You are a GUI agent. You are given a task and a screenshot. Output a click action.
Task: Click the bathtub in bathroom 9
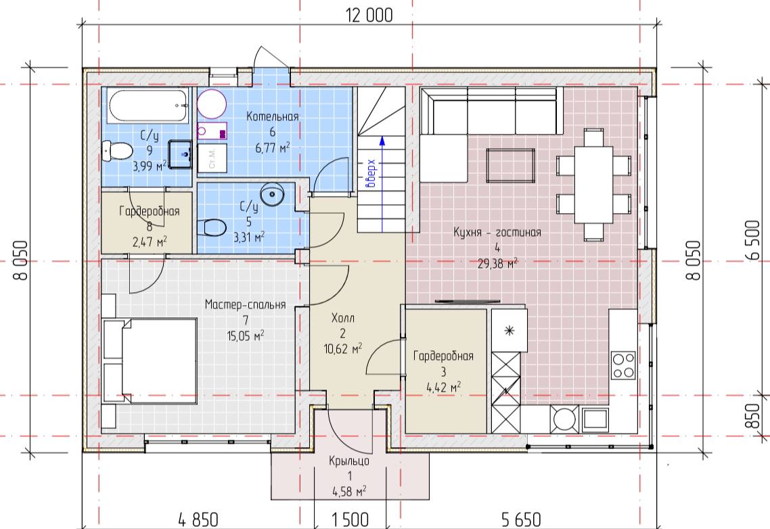(148, 106)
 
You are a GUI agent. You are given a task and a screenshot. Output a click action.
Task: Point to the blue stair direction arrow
(382, 184)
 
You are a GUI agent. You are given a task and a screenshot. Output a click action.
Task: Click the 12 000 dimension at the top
(369, 16)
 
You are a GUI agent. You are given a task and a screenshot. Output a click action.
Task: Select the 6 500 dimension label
(752, 240)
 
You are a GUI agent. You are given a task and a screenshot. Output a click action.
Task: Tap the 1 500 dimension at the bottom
(350, 520)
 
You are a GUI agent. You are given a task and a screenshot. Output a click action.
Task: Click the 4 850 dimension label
(198, 520)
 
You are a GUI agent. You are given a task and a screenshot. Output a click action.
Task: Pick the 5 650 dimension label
(522, 520)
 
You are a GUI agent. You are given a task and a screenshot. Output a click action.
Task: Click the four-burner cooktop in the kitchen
(623, 366)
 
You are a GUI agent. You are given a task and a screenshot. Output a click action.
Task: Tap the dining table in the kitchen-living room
(593, 184)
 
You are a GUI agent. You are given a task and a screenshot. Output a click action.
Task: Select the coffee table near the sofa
(511, 166)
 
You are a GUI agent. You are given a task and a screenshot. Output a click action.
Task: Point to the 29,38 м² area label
(497, 264)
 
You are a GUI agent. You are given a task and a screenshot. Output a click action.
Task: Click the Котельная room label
(273, 116)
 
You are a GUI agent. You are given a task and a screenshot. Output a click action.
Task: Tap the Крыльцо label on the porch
(349, 461)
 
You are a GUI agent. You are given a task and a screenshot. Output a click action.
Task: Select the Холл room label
(343, 318)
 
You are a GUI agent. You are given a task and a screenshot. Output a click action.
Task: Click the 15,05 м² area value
(246, 336)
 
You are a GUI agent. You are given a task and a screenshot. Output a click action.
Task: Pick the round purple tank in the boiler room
(212, 104)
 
